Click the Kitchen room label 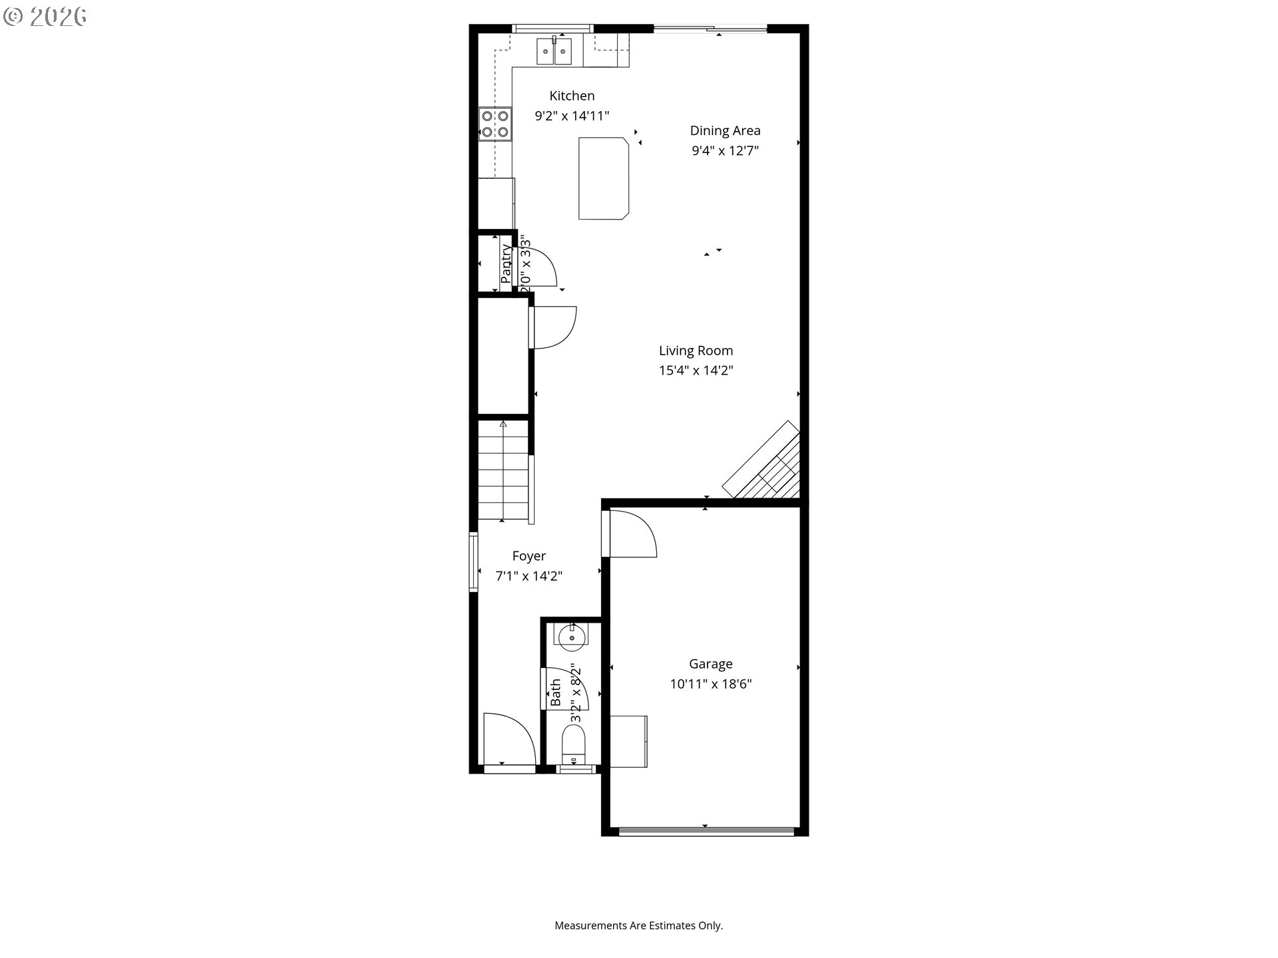572,96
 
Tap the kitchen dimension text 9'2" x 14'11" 572,116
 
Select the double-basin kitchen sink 554,51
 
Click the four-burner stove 495,124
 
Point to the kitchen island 603,178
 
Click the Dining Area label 725,130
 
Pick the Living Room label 696,351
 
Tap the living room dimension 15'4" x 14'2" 696,371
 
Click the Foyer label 529,556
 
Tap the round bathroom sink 571,638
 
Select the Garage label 710,664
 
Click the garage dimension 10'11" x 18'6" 710,684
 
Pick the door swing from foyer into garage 631,534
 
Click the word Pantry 506,263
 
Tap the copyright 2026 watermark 45,17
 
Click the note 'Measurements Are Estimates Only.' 638,925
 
